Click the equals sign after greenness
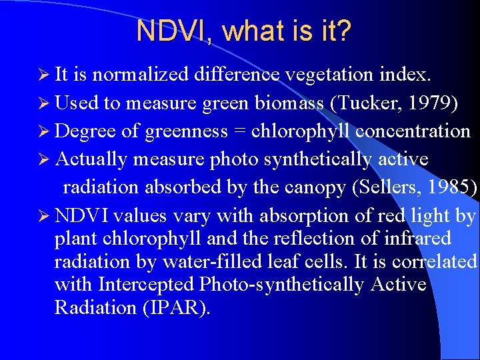pos(239,131)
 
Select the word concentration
pos(413,131)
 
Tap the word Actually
pos(91,160)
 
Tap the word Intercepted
pos(147,285)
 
